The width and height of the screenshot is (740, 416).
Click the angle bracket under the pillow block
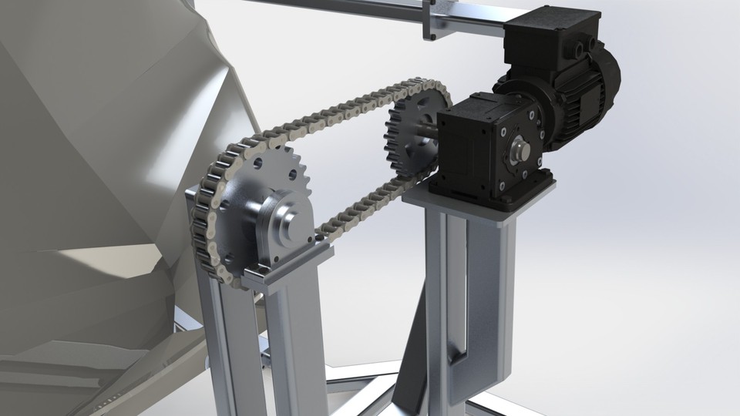(301, 266)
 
